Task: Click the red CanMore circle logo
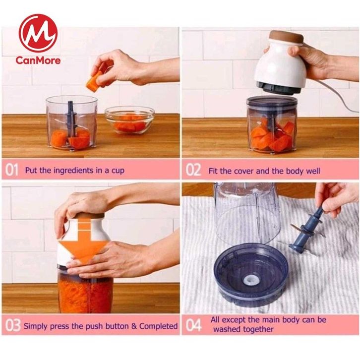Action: (x=38, y=33)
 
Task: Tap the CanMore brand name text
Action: (x=38, y=60)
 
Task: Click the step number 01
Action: (x=11, y=171)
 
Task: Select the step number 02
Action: (x=193, y=171)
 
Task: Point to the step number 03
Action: (x=13, y=325)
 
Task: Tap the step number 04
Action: (x=193, y=325)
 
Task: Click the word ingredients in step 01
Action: (x=74, y=171)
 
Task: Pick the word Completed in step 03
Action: (x=158, y=326)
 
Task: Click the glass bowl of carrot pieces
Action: (x=129, y=120)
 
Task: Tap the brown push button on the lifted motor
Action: (x=287, y=37)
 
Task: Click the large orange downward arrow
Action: (x=84, y=241)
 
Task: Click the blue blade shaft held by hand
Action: (x=307, y=228)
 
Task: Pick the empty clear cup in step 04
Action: (x=247, y=213)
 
